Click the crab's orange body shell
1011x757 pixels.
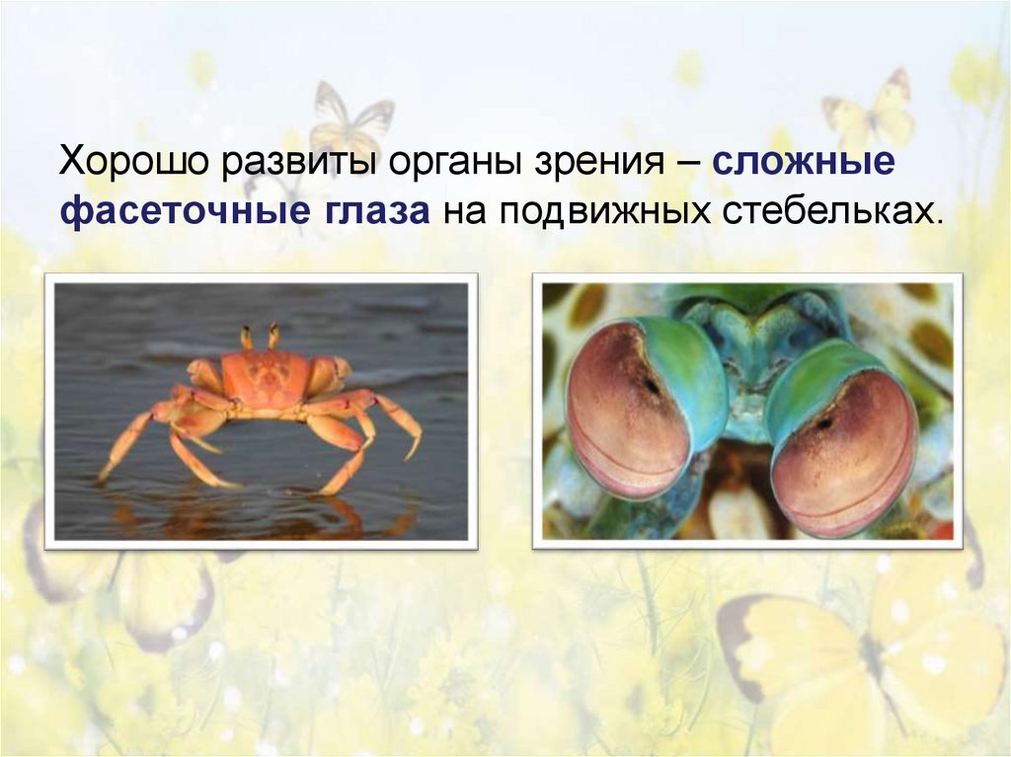[x=265, y=374]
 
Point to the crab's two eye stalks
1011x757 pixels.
[x=260, y=337]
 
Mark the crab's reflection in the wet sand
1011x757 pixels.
[x=267, y=513]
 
